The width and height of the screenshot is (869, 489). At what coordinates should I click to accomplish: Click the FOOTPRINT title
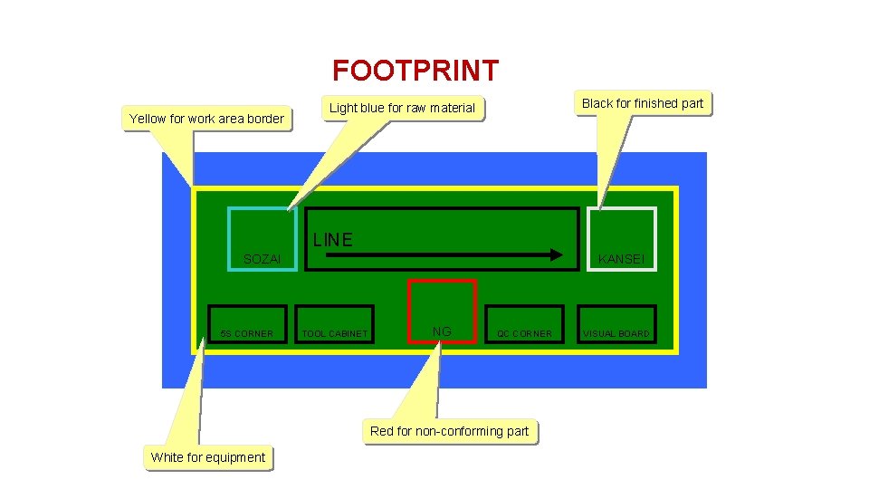click(x=415, y=71)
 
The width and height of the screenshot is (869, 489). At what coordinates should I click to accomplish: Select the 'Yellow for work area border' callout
click(x=206, y=119)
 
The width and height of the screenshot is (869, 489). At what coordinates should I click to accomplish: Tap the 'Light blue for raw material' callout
click(x=402, y=108)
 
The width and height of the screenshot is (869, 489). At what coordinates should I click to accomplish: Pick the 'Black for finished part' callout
click(x=642, y=103)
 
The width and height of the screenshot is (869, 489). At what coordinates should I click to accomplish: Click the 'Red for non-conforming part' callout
click(x=449, y=431)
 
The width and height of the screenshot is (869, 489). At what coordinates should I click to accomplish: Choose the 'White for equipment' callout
click(x=208, y=457)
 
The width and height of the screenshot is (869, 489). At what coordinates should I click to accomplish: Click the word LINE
click(x=332, y=240)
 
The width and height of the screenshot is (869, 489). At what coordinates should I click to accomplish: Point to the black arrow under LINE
click(x=444, y=255)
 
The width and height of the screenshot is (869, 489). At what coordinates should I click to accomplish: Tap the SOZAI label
click(x=263, y=260)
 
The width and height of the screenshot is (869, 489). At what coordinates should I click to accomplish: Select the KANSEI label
click(x=621, y=260)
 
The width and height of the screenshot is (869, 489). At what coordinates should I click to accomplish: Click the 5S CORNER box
click(x=247, y=324)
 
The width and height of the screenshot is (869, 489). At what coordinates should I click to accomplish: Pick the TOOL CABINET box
click(x=335, y=324)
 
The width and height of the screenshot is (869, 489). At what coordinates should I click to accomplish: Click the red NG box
click(x=442, y=311)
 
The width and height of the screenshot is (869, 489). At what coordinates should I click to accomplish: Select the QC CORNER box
click(x=524, y=324)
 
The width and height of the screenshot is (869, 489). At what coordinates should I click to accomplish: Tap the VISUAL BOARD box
click(x=616, y=324)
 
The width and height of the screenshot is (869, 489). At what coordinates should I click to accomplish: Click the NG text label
click(x=442, y=331)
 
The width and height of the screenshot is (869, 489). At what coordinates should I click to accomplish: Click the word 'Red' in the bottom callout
click(x=382, y=431)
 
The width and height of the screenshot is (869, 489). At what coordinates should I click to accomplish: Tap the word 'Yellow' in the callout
click(x=148, y=119)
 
